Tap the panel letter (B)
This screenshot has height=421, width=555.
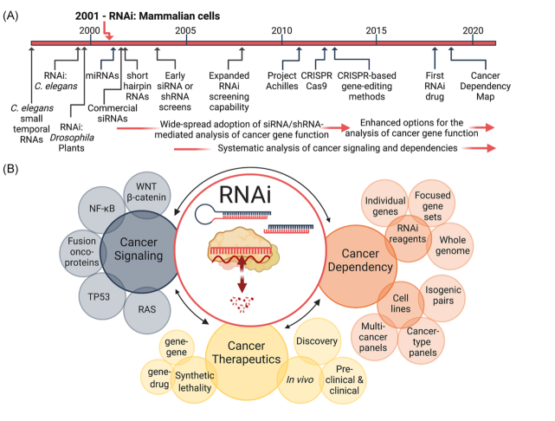14,168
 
